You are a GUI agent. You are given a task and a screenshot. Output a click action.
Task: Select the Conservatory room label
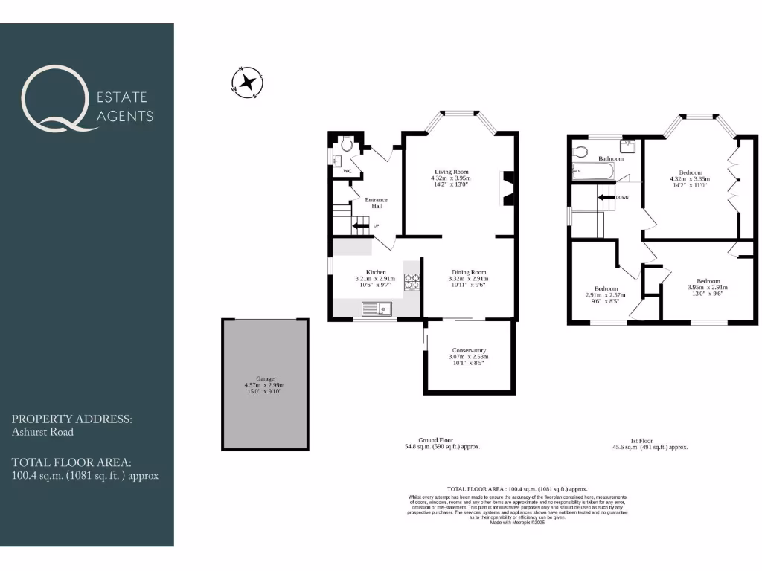[469, 350]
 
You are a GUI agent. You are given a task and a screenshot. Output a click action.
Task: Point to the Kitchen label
[376, 272]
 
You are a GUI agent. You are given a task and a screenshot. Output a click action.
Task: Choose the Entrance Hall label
[376, 202]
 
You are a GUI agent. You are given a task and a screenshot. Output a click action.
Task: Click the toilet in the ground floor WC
[348, 143]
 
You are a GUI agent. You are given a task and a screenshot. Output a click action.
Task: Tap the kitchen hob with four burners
[412, 283]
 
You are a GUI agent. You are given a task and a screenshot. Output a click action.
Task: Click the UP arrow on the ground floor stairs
[362, 225]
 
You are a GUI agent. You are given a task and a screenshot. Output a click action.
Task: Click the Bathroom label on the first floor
[610, 158]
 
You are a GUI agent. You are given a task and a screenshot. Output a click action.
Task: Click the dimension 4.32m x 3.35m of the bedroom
[690, 179]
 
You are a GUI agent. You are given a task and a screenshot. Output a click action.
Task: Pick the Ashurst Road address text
[42, 431]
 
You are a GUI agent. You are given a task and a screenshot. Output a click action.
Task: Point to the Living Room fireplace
[508, 187]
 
